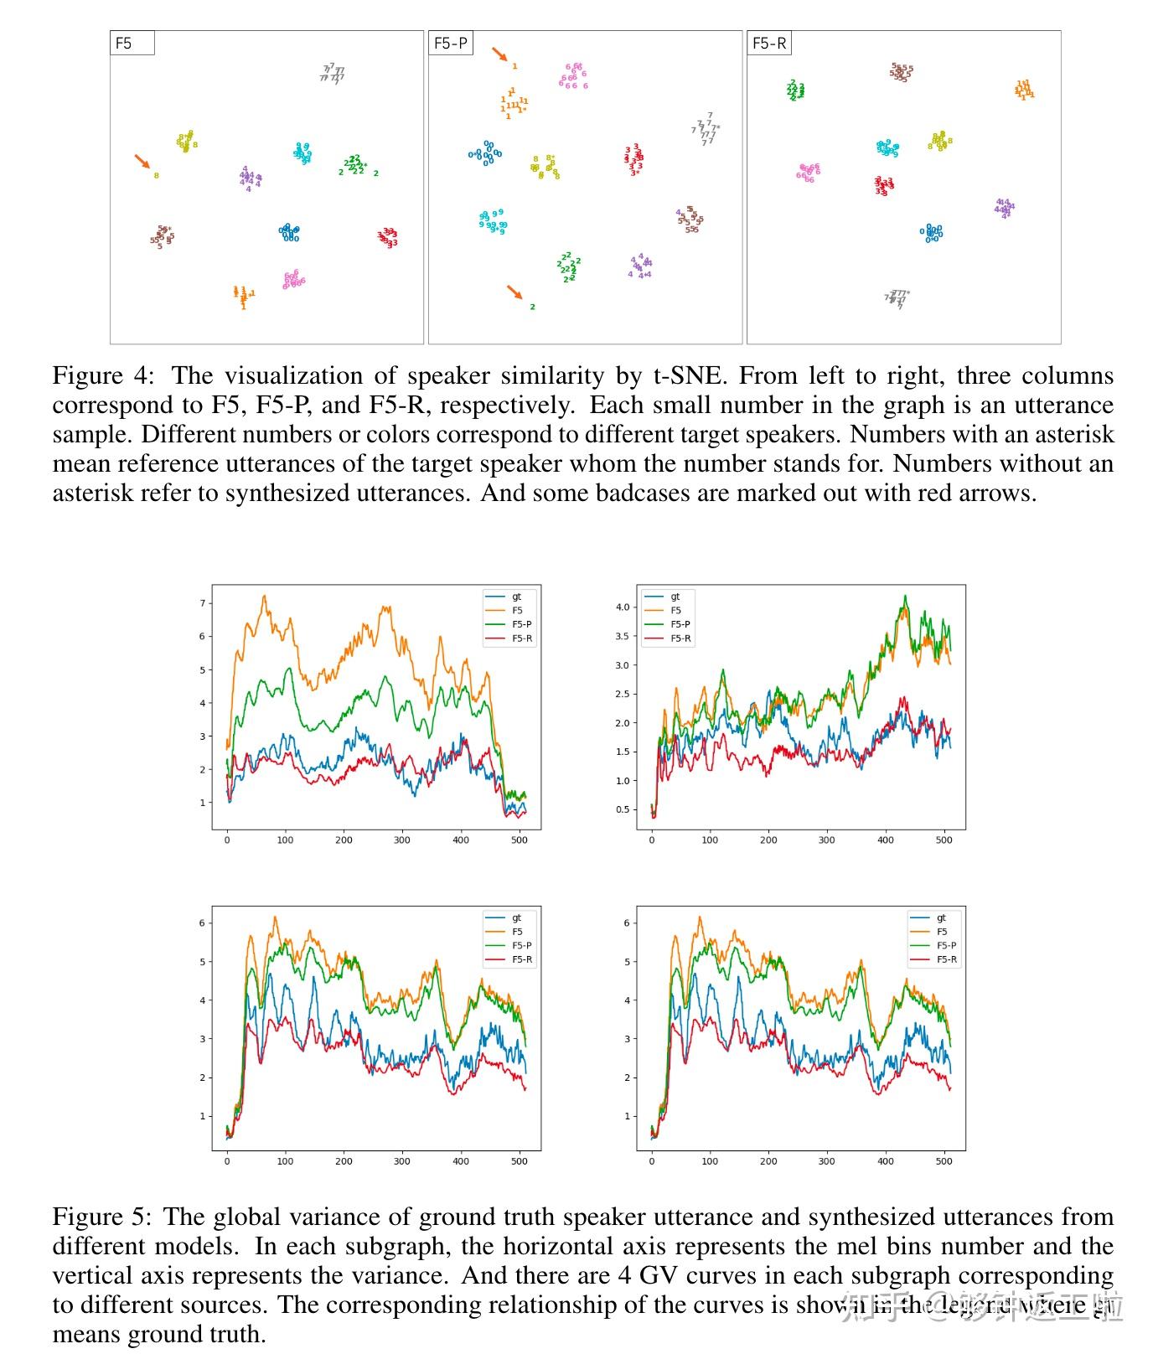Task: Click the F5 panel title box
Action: point(132,44)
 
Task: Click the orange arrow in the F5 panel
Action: point(142,160)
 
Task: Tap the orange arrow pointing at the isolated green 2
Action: point(514,292)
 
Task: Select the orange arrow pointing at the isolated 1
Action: point(499,54)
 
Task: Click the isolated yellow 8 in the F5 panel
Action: point(156,176)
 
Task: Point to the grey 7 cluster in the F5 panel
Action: point(333,74)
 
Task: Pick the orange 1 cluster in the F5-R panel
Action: point(1023,90)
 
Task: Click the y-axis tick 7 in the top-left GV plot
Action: point(202,603)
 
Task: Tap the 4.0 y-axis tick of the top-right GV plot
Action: point(622,607)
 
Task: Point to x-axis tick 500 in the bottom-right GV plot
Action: point(944,1161)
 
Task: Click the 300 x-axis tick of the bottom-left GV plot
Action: point(402,1161)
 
